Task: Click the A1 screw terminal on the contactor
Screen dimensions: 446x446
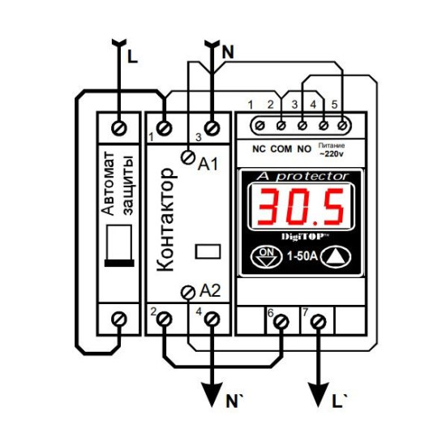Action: pos(188,157)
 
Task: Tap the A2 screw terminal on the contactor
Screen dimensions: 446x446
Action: pos(188,293)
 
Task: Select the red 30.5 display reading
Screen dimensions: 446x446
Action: pos(301,206)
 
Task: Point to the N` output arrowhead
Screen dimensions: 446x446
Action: pos(212,394)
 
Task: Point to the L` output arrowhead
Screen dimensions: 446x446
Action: pos(319,394)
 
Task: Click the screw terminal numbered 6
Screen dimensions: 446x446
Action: pos(281,322)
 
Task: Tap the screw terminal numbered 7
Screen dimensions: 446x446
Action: pos(319,322)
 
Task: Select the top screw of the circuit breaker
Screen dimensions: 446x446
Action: pos(119,128)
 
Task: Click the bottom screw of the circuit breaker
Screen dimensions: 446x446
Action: pos(119,319)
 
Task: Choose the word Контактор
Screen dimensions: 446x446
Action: pos(166,219)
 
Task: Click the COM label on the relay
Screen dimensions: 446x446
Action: pos(281,148)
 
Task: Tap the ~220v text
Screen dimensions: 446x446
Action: pos(332,154)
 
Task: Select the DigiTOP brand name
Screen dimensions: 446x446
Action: pos(305,237)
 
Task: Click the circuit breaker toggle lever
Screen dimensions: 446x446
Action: pos(119,246)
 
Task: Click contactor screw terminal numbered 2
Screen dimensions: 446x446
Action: pos(165,319)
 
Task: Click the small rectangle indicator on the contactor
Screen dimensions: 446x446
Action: pos(208,251)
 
